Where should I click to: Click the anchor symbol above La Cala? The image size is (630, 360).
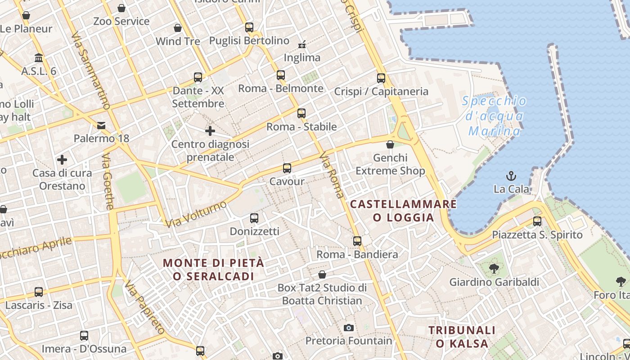pyautogui.click(x=511, y=175)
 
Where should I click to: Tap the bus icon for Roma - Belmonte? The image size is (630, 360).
pyautogui.click(x=281, y=75)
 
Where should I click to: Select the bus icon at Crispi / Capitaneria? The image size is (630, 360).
pyautogui.click(x=381, y=78)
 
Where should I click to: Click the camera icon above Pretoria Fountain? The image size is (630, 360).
pyautogui.click(x=349, y=328)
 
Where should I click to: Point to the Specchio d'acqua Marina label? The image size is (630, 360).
pyautogui.click(x=494, y=116)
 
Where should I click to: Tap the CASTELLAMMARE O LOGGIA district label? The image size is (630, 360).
pyautogui.click(x=403, y=211)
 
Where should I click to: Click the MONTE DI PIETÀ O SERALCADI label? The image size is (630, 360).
pyautogui.click(x=213, y=269)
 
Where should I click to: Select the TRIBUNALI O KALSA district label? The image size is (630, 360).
pyautogui.click(x=462, y=337)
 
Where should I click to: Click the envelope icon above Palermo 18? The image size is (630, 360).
pyautogui.click(x=101, y=125)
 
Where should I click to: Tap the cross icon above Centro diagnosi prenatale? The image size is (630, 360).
pyautogui.click(x=210, y=131)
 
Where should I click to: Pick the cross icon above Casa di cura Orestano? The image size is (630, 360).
pyautogui.click(x=62, y=159)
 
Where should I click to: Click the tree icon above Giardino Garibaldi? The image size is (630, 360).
pyautogui.click(x=494, y=269)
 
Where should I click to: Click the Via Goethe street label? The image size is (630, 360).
pyautogui.click(x=108, y=182)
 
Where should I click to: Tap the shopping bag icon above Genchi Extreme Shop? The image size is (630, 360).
pyautogui.click(x=390, y=144)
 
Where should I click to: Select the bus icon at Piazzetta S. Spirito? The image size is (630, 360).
pyautogui.click(x=537, y=221)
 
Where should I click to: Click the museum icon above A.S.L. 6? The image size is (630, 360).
pyautogui.click(x=39, y=58)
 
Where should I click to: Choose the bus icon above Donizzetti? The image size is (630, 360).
pyautogui.click(x=254, y=218)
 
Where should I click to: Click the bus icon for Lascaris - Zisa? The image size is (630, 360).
pyautogui.click(x=39, y=292)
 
